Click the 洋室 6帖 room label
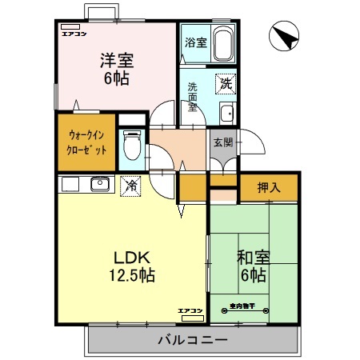(x=115, y=69)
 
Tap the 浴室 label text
(x=195, y=42)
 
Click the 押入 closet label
(x=268, y=188)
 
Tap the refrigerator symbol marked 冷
(x=130, y=185)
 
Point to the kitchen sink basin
(x=98, y=185)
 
